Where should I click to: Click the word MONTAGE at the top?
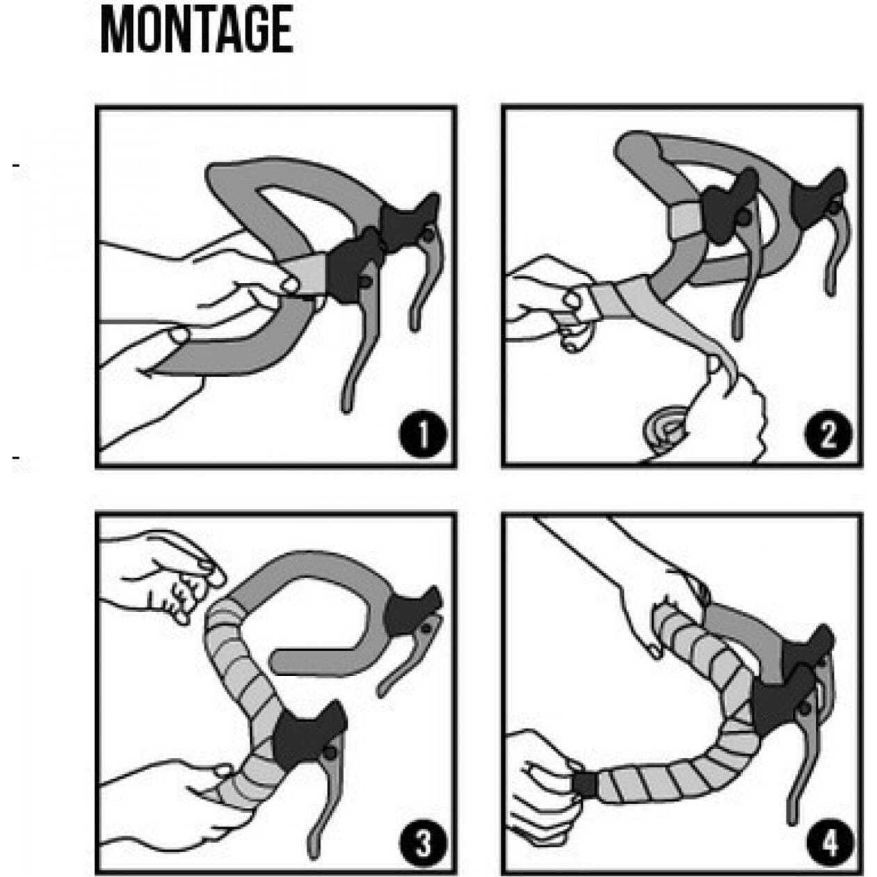point(197,31)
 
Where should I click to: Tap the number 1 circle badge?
point(423,434)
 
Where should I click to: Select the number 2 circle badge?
point(828,434)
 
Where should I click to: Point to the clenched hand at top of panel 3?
point(164,574)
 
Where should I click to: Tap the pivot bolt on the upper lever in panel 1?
point(428,234)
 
